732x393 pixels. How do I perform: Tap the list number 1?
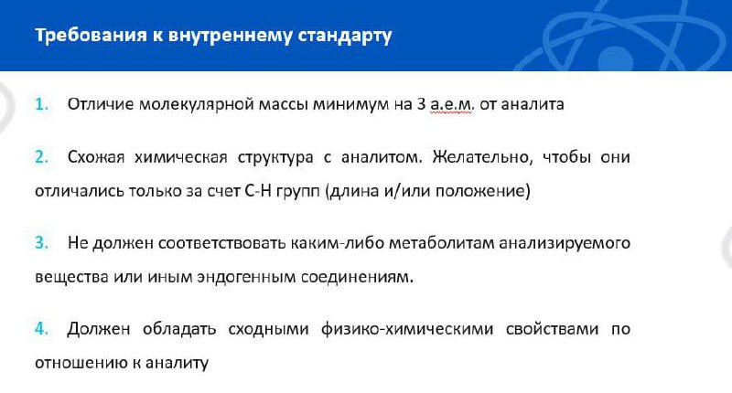(41, 104)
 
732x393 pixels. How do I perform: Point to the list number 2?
(41, 156)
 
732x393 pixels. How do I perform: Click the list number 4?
(41, 329)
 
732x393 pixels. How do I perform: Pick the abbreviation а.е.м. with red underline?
(452, 104)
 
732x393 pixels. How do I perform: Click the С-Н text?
(258, 191)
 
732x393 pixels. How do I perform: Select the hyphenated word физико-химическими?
(407, 329)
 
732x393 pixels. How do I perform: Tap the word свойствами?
(553, 329)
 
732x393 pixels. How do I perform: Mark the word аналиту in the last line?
(177, 363)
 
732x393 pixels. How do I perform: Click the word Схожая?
(96, 157)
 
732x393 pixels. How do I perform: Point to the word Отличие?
(101, 104)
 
